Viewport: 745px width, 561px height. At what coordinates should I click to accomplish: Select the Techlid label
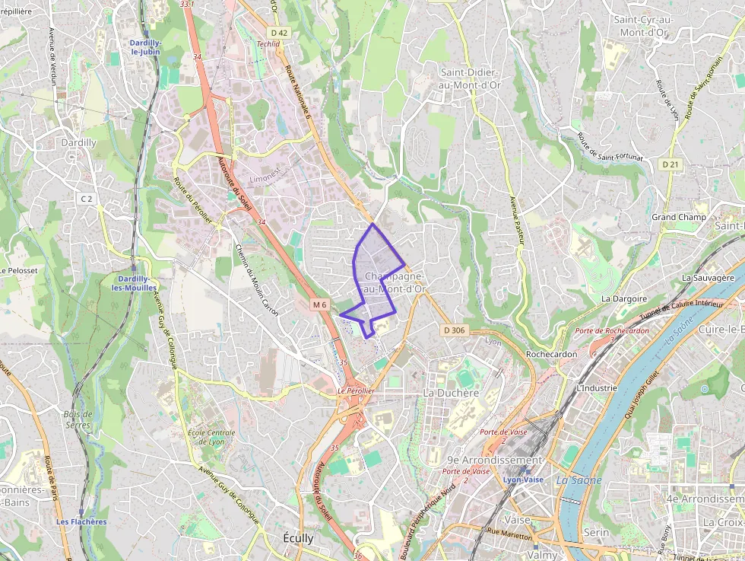[268, 44]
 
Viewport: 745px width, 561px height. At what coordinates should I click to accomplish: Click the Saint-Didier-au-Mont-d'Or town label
[470, 78]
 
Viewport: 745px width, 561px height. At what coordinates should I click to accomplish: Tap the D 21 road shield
[670, 164]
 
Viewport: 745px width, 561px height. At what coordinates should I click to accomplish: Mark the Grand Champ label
[679, 217]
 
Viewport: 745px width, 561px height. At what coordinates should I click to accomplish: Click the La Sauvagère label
[713, 278]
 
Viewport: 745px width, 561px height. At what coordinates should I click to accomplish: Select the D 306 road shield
[454, 330]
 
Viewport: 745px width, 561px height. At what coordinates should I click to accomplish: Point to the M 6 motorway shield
[320, 305]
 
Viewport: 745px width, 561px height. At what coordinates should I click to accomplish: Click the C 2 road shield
[87, 199]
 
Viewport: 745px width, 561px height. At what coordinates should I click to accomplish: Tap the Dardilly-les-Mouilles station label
[134, 283]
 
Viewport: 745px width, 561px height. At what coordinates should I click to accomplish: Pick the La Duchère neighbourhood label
[451, 393]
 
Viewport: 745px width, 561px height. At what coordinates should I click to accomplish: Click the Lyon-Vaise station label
[524, 480]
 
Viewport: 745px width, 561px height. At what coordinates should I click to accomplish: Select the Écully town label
[298, 537]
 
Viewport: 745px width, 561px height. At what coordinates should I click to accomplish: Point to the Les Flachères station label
[81, 521]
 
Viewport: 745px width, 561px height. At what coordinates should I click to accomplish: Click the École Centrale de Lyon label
[211, 437]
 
